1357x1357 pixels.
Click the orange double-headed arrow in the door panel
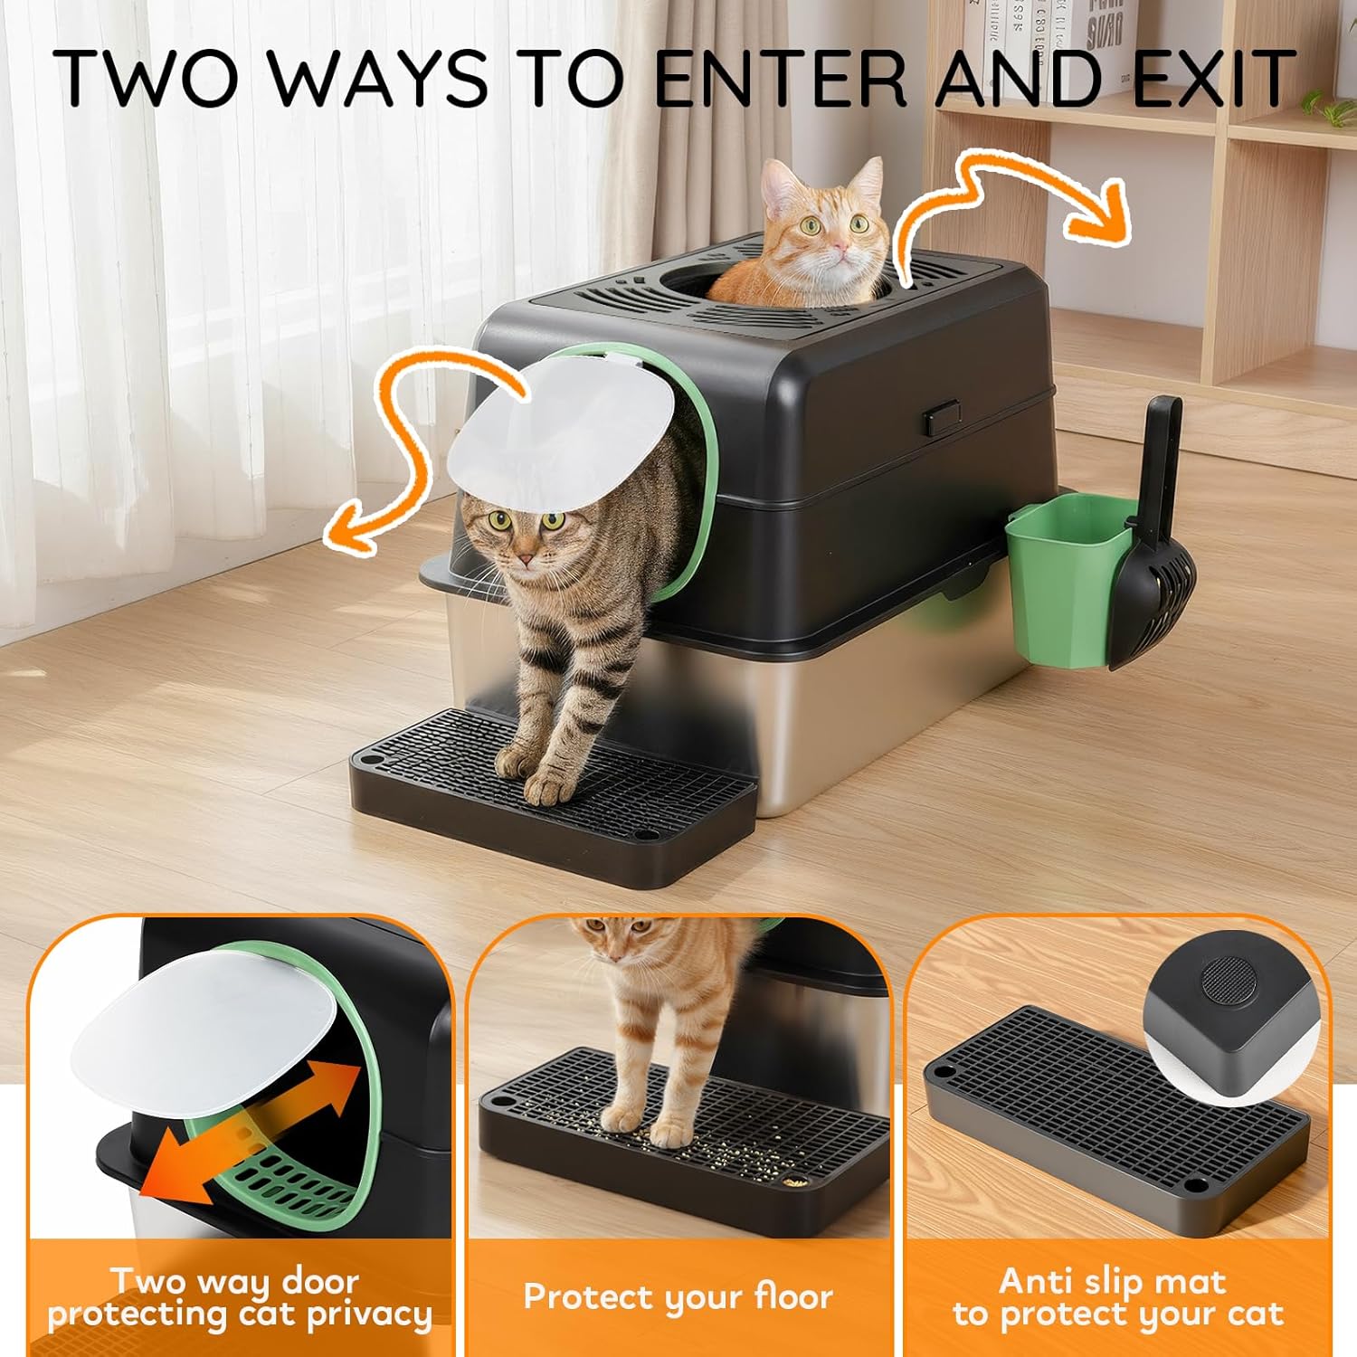coord(253,1131)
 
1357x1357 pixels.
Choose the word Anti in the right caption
coord(1036,1281)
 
